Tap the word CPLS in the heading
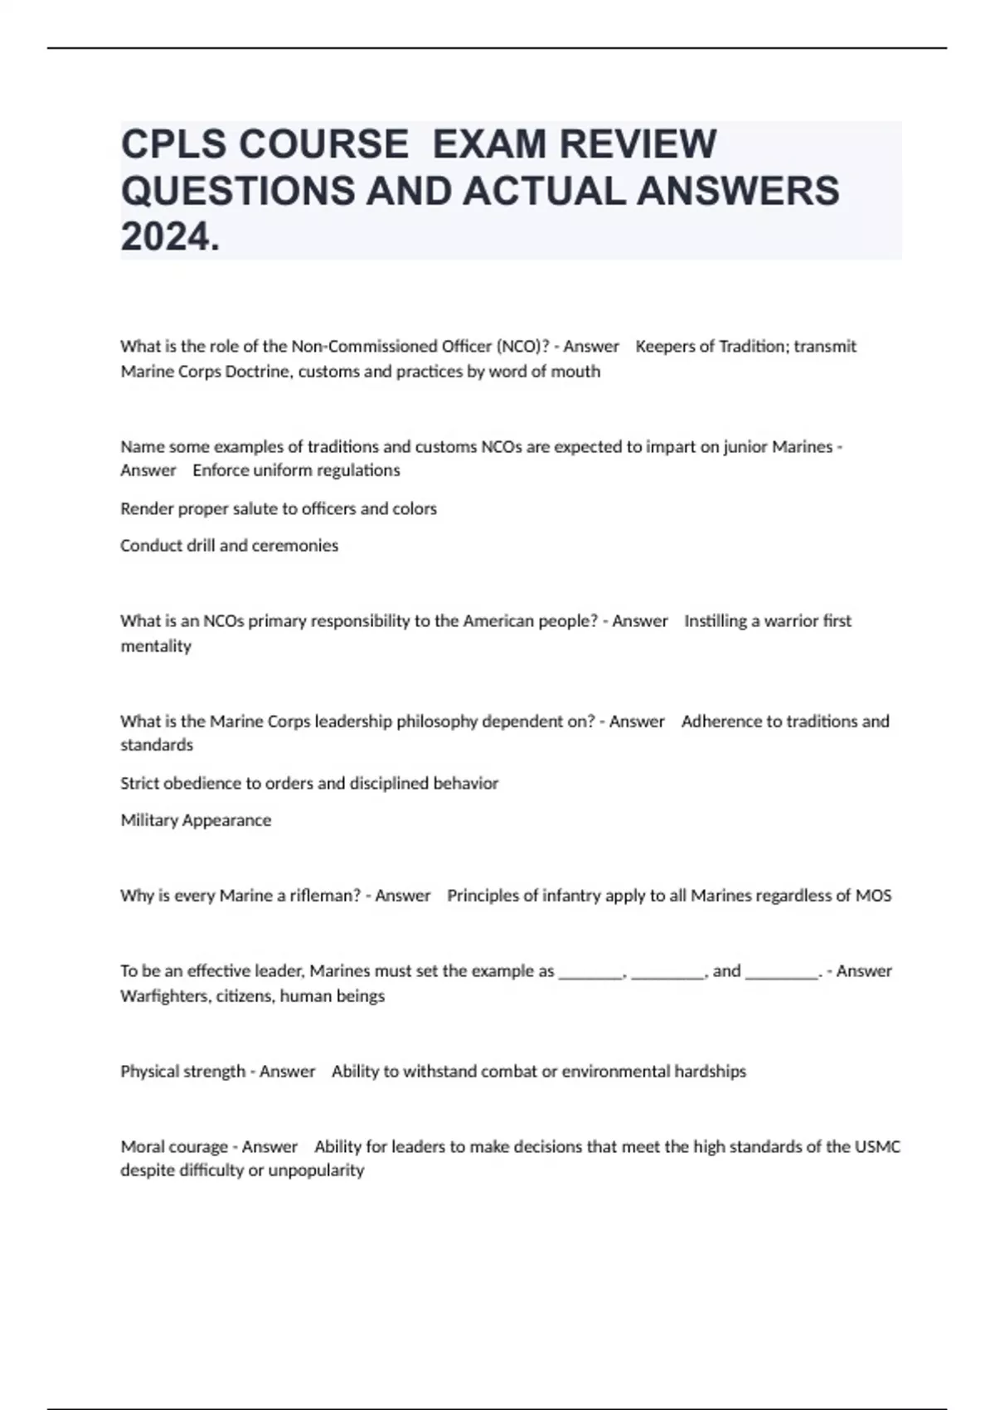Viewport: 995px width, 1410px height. tap(172, 144)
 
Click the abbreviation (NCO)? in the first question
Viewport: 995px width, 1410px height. tap(522, 347)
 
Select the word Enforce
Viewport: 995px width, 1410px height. tap(221, 470)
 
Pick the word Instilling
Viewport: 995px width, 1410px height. tap(716, 621)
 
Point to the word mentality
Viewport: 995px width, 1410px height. tap(156, 646)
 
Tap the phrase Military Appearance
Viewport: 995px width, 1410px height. tap(196, 820)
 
